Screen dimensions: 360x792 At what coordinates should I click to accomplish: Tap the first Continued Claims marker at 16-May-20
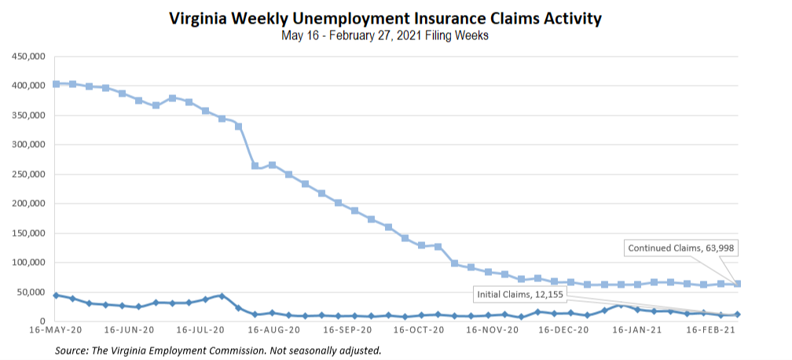pos(56,83)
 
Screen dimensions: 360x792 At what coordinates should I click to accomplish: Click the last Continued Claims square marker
pos(738,284)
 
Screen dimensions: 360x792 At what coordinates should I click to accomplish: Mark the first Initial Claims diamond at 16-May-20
pos(56,296)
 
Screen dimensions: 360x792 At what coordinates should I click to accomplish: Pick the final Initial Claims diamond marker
pos(738,314)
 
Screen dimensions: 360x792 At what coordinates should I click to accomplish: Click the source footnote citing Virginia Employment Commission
pos(218,350)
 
